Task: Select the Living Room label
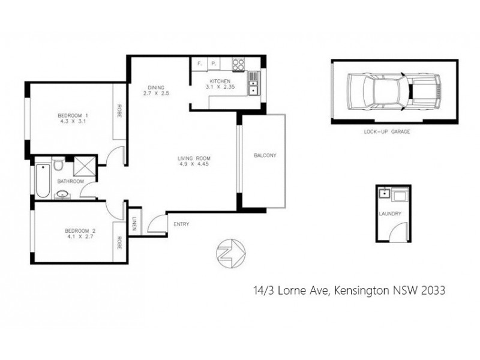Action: click(x=195, y=158)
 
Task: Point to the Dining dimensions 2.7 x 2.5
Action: click(x=156, y=93)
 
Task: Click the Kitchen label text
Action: click(x=219, y=81)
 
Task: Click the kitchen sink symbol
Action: click(x=254, y=85)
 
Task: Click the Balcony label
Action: click(x=265, y=156)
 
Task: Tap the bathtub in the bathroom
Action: click(x=42, y=180)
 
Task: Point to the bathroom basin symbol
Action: click(x=63, y=194)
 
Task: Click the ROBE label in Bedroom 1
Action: click(x=119, y=112)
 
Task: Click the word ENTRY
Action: click(x=181, y=224)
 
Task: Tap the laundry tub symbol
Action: click(x=385, y=193)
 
